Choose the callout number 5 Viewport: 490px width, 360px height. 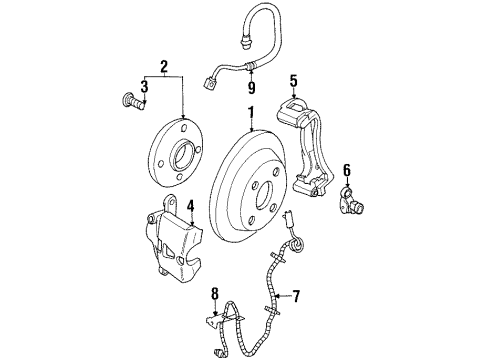tap(293, 81)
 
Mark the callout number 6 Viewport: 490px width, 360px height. tap(347, 170)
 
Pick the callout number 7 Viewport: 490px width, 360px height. tap(295, 297)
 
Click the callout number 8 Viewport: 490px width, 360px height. tap(214, 293)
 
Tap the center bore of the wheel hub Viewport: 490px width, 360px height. tap(183, 154)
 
